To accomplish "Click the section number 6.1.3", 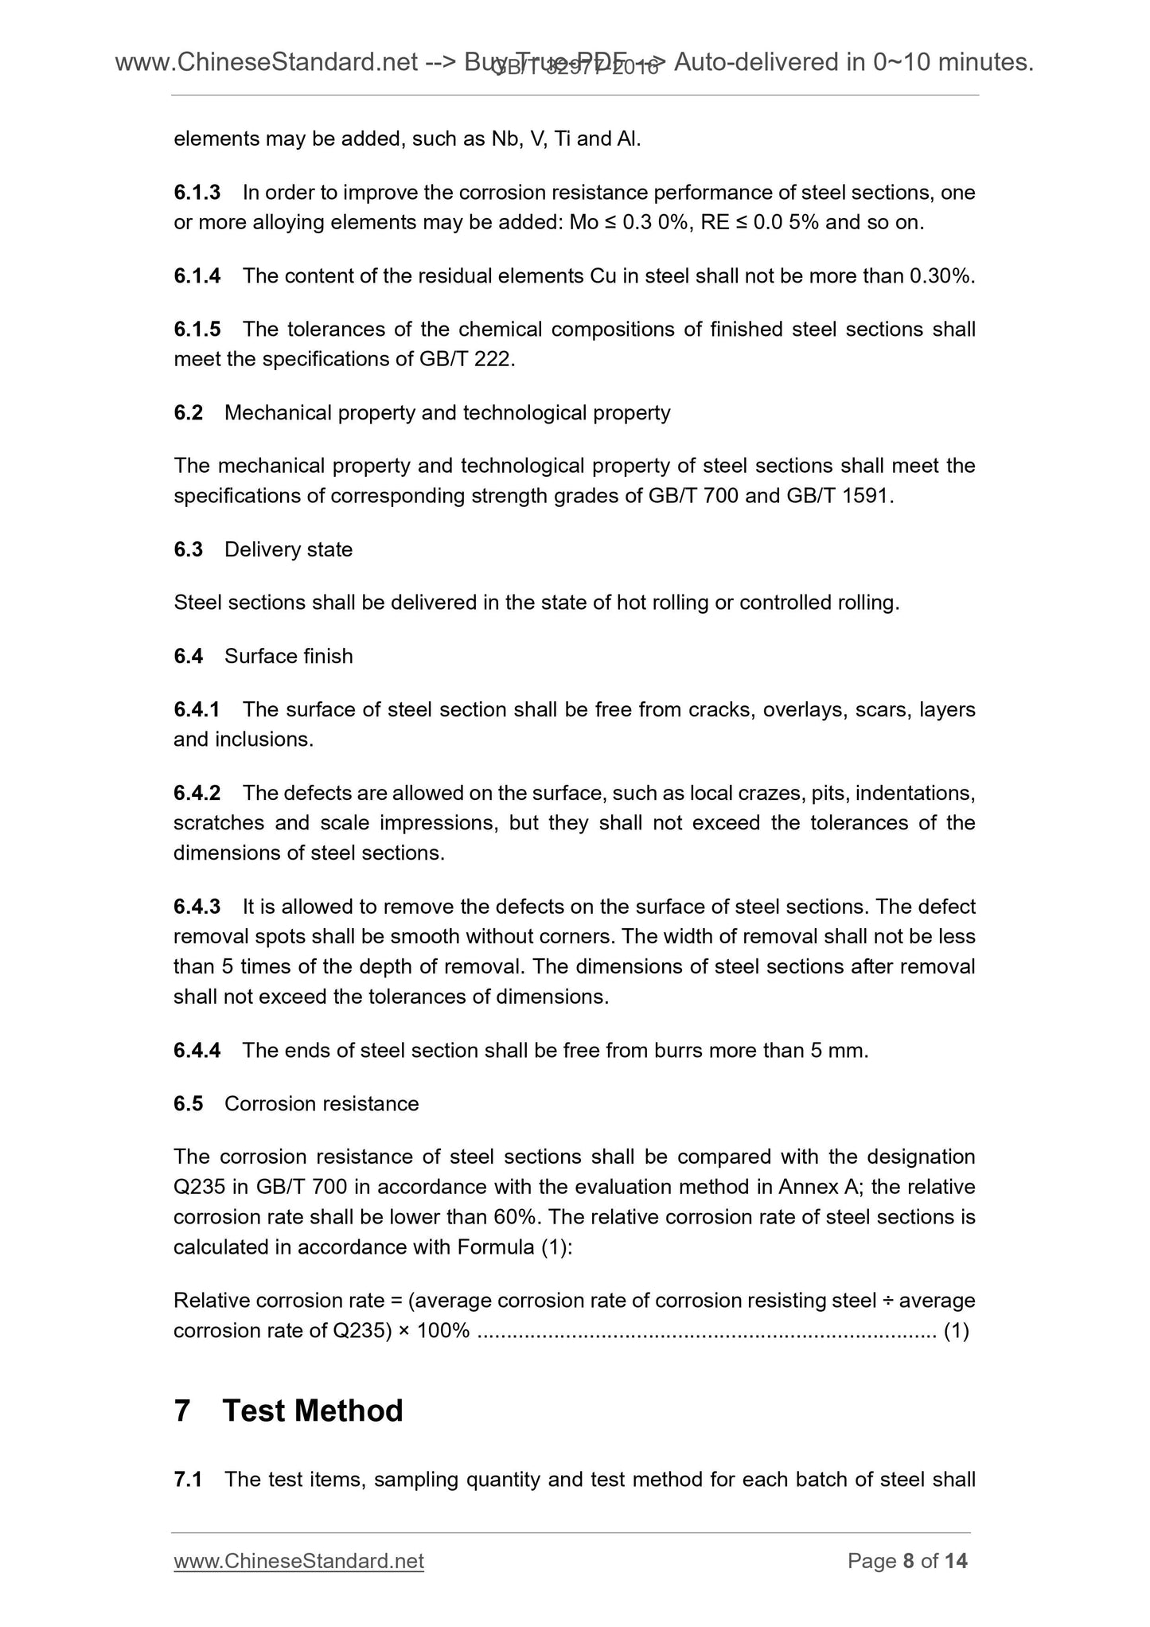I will [197, 193].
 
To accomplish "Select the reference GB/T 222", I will [466, 360].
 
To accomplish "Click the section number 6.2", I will [189, 413].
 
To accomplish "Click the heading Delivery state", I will [288, 550].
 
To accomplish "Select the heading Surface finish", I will [288, 657].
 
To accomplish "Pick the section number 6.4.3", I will [197, 907].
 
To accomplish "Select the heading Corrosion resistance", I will [322, 1104].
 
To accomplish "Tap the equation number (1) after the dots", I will [956, 1331].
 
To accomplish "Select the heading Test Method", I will [313, 1411].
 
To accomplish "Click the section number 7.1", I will [188, 1480].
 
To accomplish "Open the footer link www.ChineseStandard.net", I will [298, 1562].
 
